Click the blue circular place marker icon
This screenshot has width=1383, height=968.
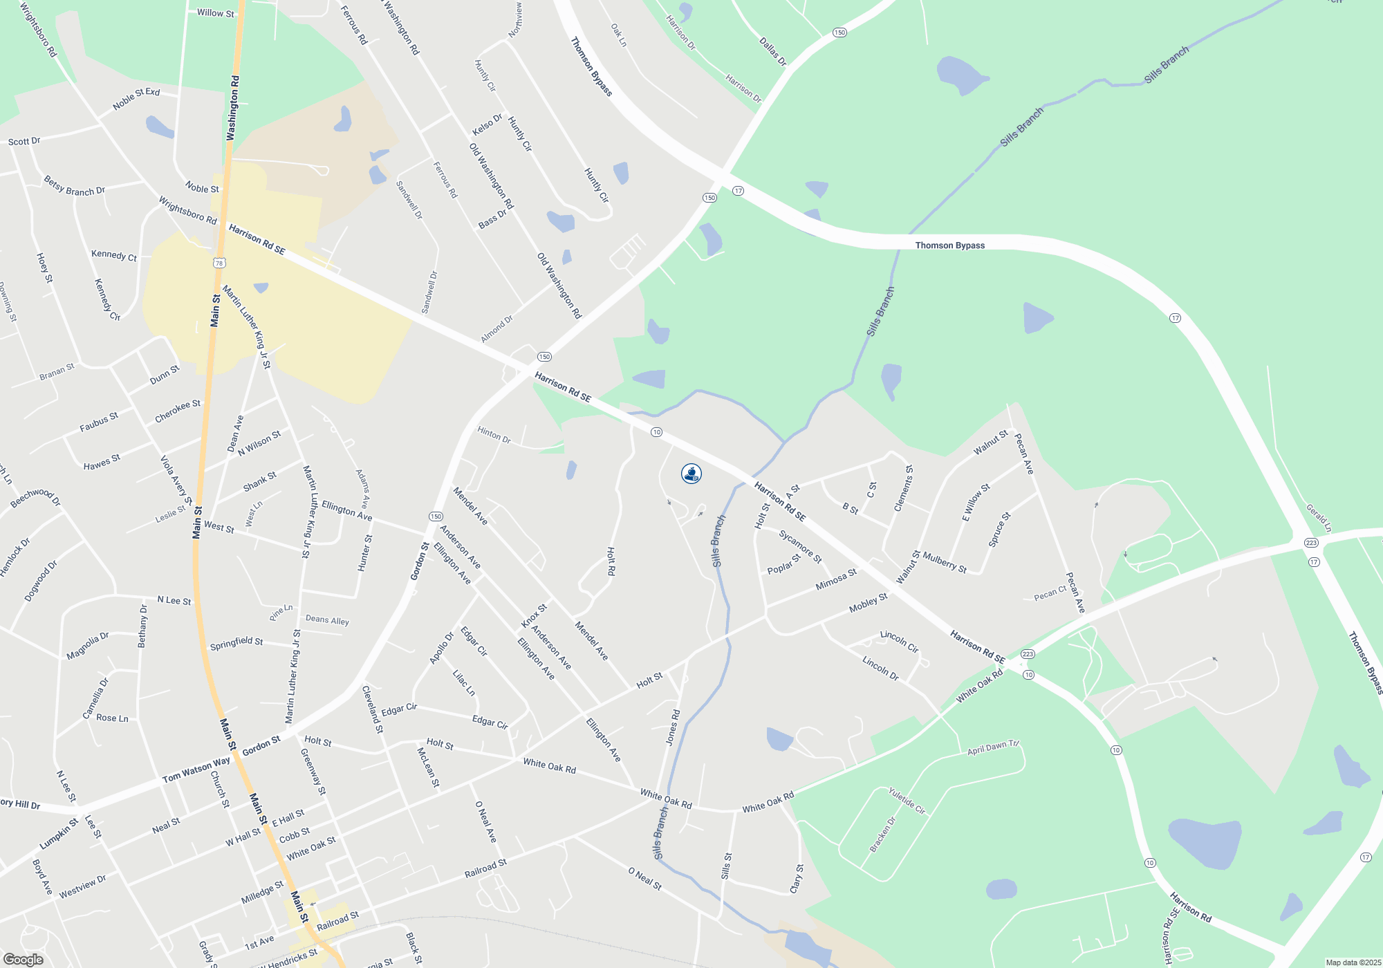point(691,474)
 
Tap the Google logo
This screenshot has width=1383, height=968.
point(24,959)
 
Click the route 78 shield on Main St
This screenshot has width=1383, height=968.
point(219,263)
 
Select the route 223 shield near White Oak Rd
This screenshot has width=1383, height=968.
point(1028,654)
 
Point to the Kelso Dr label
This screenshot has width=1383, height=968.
point(487,125)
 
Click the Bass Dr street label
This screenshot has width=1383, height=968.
point(492,219)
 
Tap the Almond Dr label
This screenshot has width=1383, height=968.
point(497,328)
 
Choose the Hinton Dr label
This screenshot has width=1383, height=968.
point(494,434)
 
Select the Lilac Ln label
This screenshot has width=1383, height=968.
point(463,682)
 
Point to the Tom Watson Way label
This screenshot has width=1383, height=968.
point(196,770)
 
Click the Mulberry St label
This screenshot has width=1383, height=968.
point(945,562)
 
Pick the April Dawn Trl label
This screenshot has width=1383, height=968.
point(993,747)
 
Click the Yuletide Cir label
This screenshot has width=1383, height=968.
point(907,801)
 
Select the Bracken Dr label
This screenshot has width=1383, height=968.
point(882,835)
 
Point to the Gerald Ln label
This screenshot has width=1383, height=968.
point(1318,518)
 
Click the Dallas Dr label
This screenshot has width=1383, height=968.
point(772,52)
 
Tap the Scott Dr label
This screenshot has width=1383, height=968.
point(24,141)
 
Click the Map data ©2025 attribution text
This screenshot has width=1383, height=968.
point(1353,962)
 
